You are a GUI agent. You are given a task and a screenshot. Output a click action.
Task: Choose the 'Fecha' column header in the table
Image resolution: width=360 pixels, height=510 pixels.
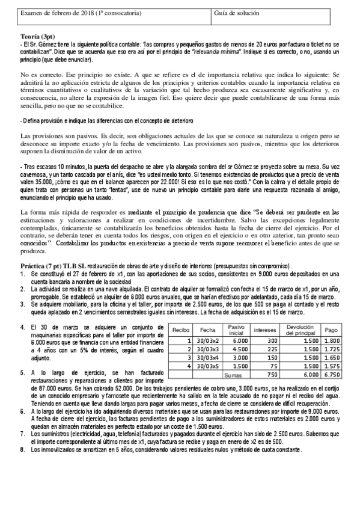coord(208,330)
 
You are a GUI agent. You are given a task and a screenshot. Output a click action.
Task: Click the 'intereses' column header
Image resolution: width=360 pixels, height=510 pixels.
coord(265,330)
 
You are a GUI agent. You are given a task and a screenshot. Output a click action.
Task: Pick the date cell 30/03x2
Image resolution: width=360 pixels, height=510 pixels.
coord(208,340)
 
